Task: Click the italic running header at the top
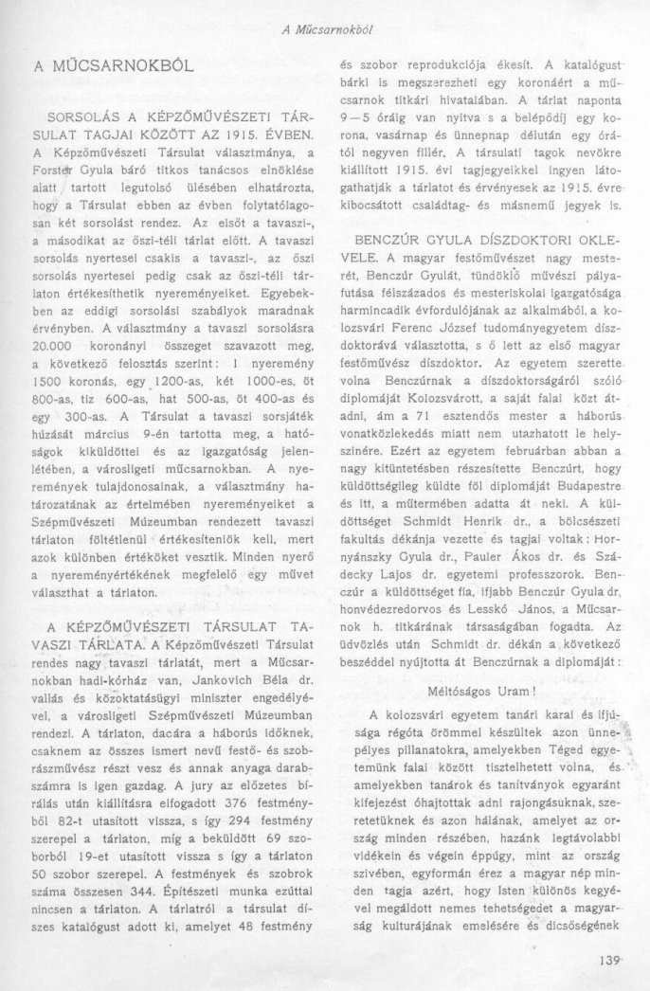point(326,29)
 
